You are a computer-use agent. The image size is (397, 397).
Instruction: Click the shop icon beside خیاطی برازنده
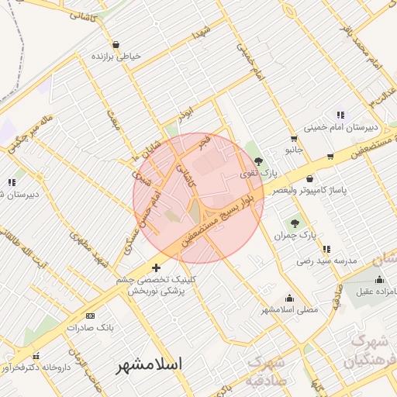tap(116, 45)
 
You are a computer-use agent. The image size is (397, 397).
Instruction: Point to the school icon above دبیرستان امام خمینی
tap(340, 116)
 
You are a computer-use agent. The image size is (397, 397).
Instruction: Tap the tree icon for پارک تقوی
tap(258, 161)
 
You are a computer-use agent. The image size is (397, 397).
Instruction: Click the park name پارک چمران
tap(293, 235)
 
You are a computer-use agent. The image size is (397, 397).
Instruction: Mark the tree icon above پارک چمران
tap(294, 223)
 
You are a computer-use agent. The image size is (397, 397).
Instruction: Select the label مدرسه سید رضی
tap(326, 261)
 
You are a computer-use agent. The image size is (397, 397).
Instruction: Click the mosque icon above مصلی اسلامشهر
tap(290, 298)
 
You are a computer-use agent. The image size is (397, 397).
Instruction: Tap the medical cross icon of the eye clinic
tap(157, 268)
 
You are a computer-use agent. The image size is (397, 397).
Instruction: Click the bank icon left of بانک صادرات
tap(90, 316)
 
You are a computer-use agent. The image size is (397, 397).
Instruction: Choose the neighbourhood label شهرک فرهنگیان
tap(369, 351)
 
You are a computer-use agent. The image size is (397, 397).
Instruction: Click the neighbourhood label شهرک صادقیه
tap(265, 371)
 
